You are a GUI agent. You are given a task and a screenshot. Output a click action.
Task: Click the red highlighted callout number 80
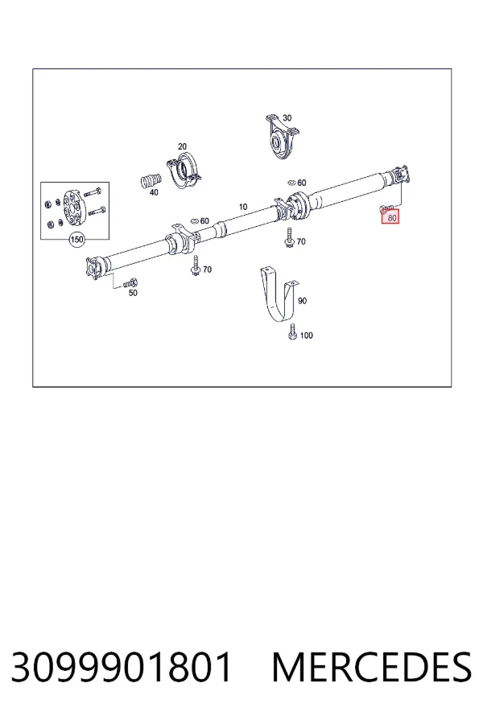tap(392, 217)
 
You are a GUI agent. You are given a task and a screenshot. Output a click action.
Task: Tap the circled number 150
tap(76, 239)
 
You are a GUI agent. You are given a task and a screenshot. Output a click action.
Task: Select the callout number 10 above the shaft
tap(243, 207)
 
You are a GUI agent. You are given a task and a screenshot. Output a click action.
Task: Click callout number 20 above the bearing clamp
tap(182, 146)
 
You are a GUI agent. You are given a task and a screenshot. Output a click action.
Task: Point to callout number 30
tap(287, 117)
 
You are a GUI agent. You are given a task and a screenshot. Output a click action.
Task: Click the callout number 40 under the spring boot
tap(154, 192)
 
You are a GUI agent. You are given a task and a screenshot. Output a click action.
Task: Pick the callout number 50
tap(133, 293)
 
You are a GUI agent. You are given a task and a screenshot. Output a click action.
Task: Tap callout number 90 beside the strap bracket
tap(302, 301)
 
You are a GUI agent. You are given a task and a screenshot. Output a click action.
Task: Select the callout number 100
tap(306, 335)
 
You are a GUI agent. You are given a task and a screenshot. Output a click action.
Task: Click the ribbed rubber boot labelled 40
tap(151, 180)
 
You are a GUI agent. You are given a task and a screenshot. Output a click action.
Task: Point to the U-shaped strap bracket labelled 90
tap(279, 294)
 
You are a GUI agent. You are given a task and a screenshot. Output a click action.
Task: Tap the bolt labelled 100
tap(292, 332)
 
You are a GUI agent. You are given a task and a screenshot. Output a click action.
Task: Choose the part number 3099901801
tap(121, 667)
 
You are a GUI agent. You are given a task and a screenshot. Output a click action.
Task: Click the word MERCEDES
tap(372, 667)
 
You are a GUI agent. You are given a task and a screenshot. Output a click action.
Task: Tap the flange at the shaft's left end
tap(94, 268)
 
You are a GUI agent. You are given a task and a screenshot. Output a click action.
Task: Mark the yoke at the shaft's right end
tap(400, 175)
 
